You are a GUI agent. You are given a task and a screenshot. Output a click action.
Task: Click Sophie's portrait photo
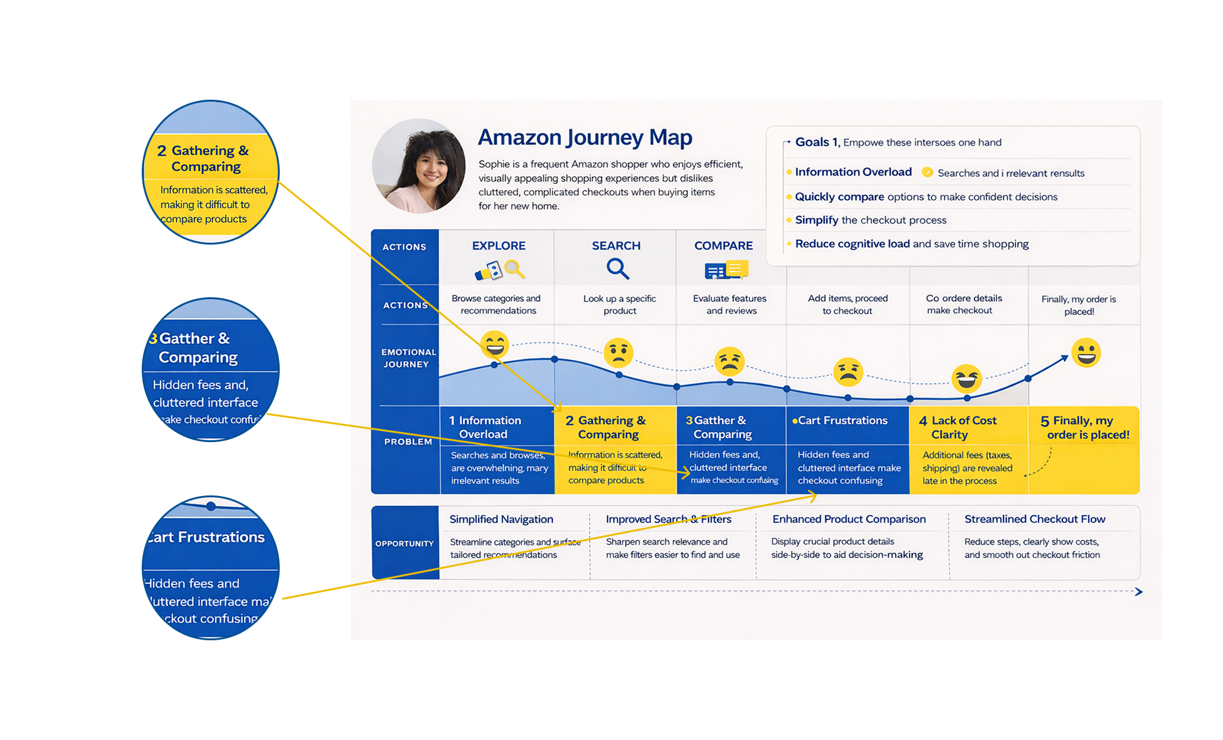pos(418,166)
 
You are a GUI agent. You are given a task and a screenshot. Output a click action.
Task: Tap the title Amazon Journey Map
pos(585,137)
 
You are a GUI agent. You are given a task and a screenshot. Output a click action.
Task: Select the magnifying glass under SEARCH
pos(617,268)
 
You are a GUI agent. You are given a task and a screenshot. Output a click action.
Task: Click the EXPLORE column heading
pos(499,246)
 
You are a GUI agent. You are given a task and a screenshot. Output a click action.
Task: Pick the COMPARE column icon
pos(726,270)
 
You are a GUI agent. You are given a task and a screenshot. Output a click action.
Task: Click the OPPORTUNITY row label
pos(405,544)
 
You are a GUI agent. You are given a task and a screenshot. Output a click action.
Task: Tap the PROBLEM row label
pos(408,441)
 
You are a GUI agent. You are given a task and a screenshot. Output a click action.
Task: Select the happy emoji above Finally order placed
pos(1086,352)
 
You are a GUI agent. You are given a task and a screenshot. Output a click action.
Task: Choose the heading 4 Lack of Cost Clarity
pos(958,427)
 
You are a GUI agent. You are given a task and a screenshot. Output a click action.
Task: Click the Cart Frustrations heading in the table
pos(842,420)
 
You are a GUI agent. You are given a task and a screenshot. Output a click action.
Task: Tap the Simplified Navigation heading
pos(501,519)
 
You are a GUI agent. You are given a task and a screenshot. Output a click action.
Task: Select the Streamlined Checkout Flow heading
pos(1034,519)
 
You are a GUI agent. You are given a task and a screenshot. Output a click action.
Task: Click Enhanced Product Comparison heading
pos(849,519)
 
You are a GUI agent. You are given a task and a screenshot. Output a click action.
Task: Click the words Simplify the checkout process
pos(871,220)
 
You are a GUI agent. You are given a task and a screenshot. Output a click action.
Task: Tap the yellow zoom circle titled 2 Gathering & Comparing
pos(211,172)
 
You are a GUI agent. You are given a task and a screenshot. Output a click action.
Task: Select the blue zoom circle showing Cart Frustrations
pos(211,568)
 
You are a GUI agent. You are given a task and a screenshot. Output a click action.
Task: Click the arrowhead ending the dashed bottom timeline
pos(1139,591)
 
